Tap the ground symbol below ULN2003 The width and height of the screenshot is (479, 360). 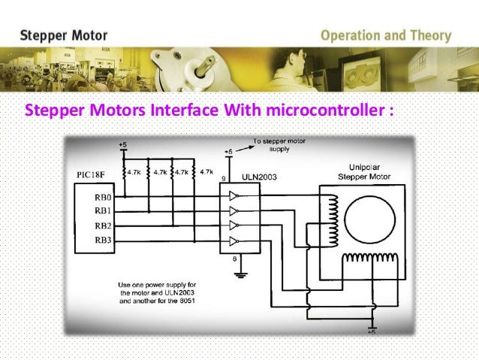pyautogui.click(x=239, y=275)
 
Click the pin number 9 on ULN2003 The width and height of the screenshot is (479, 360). pyautogui.click(x=223, y=178)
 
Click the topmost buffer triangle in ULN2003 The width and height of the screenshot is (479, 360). pyautogui.click(x=234, y=195)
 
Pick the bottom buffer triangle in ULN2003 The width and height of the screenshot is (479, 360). pyautogui.click(x=234, y=241)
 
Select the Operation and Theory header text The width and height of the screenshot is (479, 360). pyautogui.click(x=386, y=35)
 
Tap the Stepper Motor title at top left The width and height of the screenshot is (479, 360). pyautogui.click(x=64, y=35)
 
